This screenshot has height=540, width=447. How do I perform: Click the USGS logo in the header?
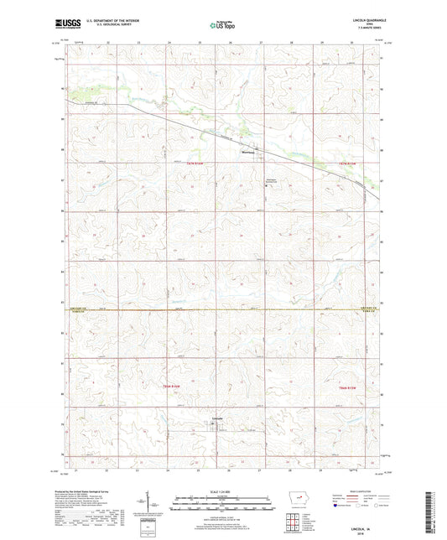click(64, 24)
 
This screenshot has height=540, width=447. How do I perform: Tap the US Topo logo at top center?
click(220, 25)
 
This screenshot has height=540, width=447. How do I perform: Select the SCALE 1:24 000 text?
click(221, 490)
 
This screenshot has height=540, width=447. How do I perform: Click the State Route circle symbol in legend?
click(387, 506)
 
